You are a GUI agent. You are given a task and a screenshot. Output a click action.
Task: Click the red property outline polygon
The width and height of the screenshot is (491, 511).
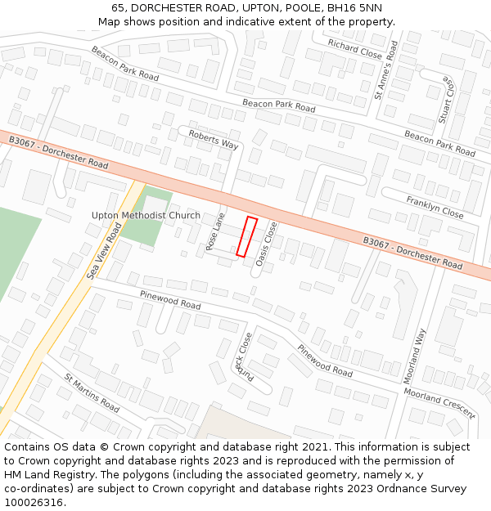click(x=246, y=237)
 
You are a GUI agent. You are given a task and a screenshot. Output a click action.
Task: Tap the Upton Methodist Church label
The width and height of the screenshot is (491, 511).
click(x=146, y=216)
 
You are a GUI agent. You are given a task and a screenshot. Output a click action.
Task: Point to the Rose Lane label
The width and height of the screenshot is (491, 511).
click(x=215, y=231)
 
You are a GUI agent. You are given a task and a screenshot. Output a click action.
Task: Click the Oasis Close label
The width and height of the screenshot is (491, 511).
click(x=267, y=244)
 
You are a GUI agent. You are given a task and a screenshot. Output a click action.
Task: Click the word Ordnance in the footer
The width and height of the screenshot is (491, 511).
click(x=358, y=489)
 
